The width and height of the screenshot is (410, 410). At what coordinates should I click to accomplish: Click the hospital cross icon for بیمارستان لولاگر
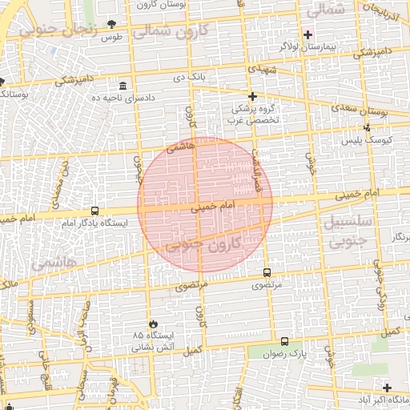[x=307, y=34]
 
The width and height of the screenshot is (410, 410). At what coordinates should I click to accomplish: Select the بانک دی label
[x=191, y=77]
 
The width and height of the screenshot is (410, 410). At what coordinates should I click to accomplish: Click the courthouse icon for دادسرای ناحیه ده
[x=123, y=86]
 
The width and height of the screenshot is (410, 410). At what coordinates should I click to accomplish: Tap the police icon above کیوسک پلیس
[x=368, y=128]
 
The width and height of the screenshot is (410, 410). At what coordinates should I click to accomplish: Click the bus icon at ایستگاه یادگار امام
[x=95, y=211]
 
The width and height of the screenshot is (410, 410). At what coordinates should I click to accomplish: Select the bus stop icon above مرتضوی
[x=266, y=272]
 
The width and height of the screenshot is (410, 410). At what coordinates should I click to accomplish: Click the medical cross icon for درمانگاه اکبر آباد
[x=388, y=388]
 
